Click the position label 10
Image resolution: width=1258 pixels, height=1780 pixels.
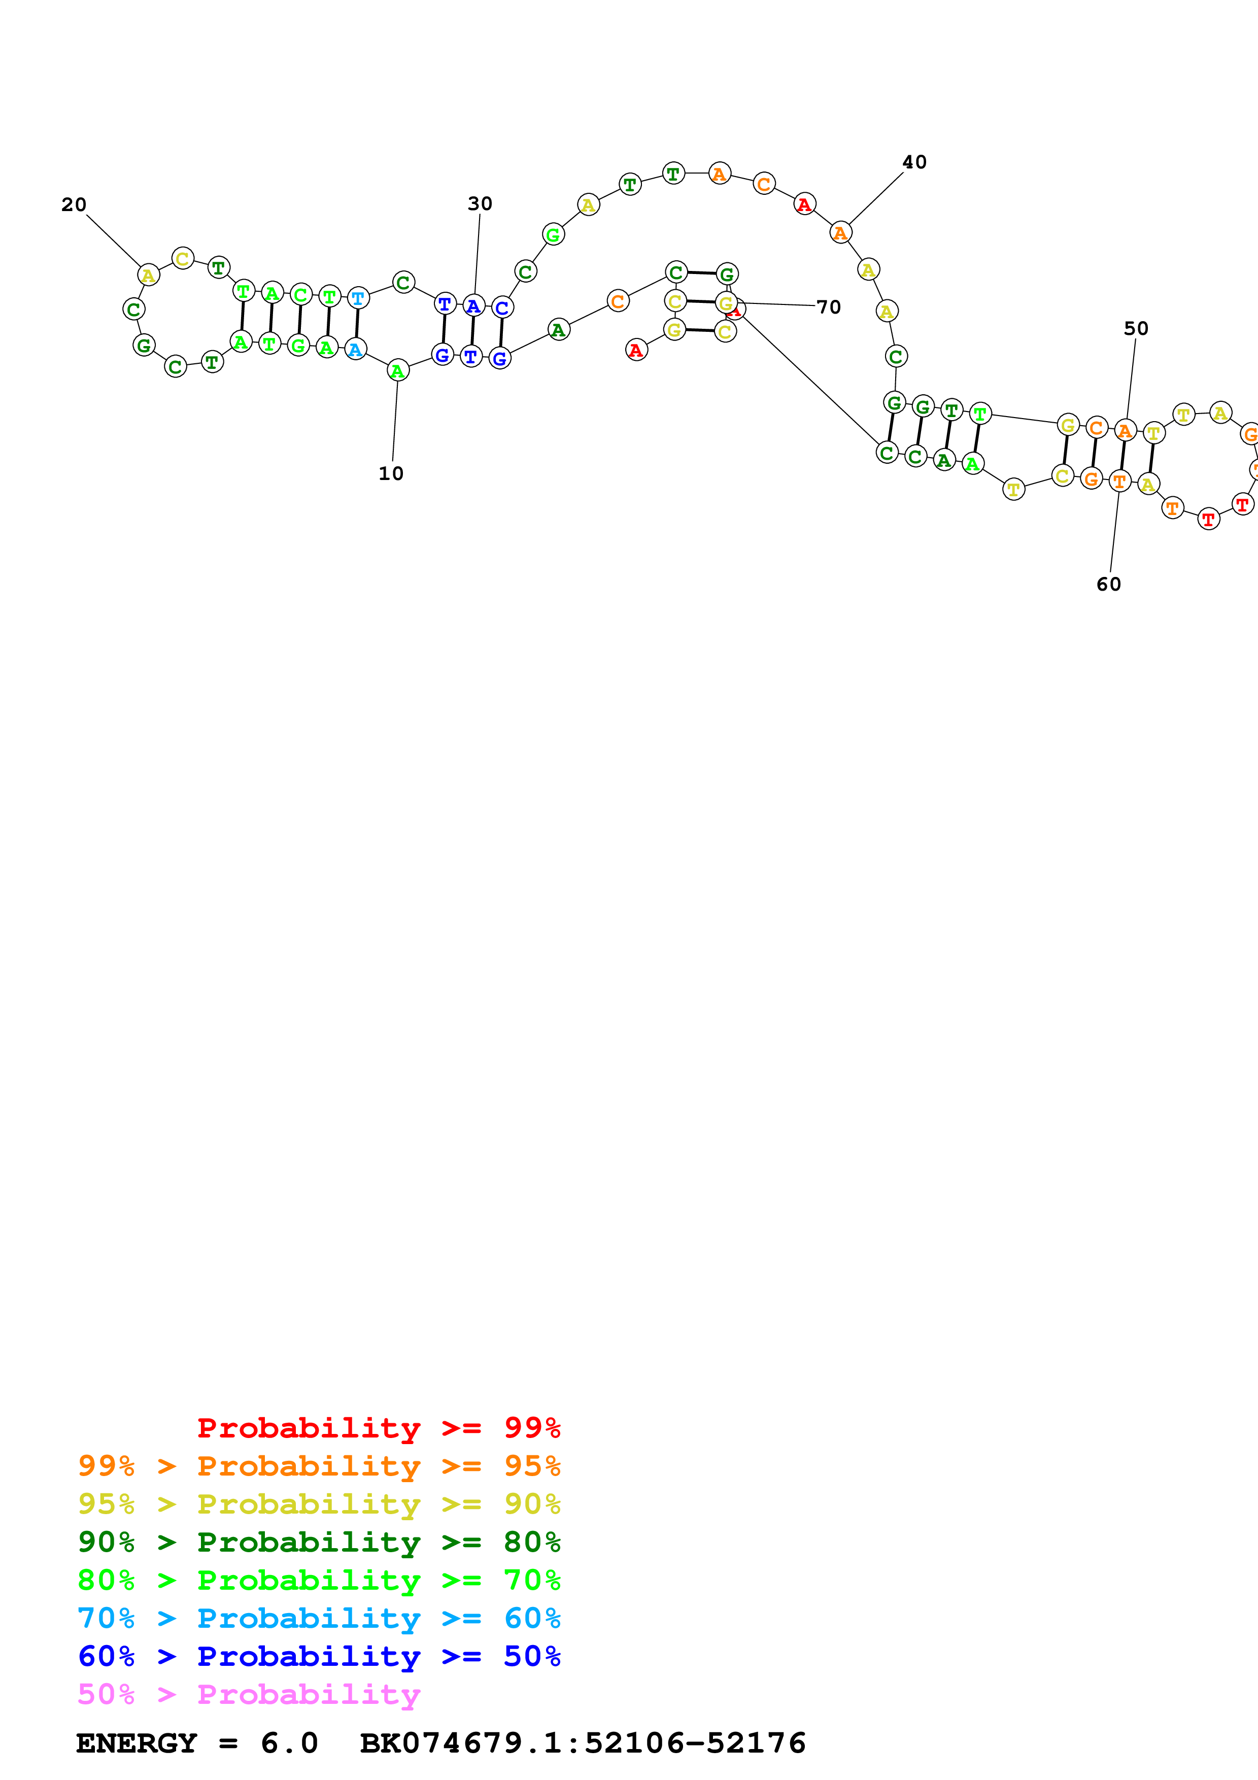(x=391, y=474)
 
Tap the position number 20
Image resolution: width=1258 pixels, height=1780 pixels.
(x=74, y=204)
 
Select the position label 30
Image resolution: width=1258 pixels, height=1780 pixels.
(x=480, y=204)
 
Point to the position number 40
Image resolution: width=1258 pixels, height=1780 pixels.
(x=914, y=162)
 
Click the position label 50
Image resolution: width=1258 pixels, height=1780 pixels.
(x=1136, y=329)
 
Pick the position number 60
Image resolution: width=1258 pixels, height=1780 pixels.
(x=1108, y=585)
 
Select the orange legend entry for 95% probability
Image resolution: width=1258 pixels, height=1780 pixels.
(x=319, y=1466)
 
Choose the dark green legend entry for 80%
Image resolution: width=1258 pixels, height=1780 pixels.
(x=319, y=1542)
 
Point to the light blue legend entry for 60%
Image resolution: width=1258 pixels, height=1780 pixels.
(x=319, y=1618)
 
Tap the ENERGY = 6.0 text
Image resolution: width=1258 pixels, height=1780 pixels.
(x=197, y=1743)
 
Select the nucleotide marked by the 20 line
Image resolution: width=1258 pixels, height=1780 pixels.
(x=148, y=275)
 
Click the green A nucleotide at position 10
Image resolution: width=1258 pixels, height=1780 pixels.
(x=398, y=371)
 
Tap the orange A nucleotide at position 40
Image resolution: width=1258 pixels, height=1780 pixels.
(x=840, y=232)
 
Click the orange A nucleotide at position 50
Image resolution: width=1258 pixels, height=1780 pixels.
(x=1125, y=430)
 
